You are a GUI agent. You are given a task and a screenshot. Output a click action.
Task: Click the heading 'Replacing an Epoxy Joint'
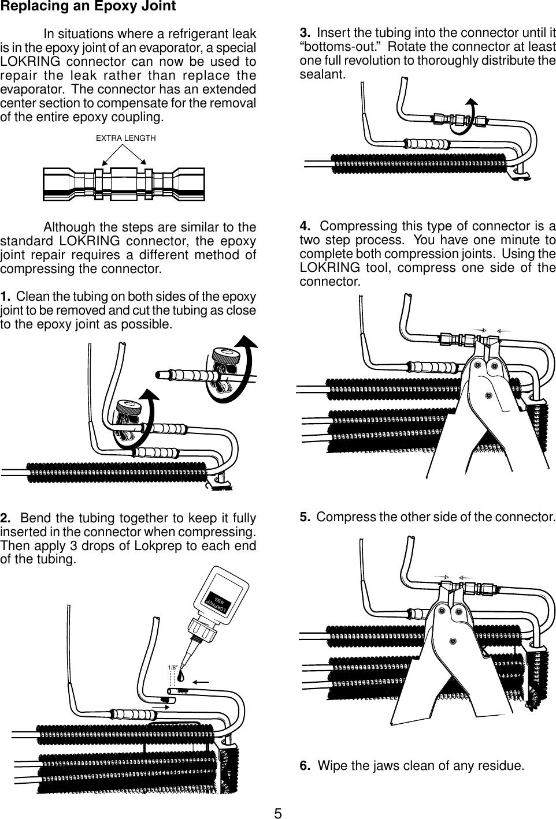pos(88,8)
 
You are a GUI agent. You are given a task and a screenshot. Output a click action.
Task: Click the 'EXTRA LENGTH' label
pos(125,138)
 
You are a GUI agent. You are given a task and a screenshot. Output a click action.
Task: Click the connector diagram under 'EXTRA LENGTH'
pos(124,184)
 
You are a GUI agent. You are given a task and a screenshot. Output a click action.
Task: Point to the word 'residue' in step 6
pos(504,766)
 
